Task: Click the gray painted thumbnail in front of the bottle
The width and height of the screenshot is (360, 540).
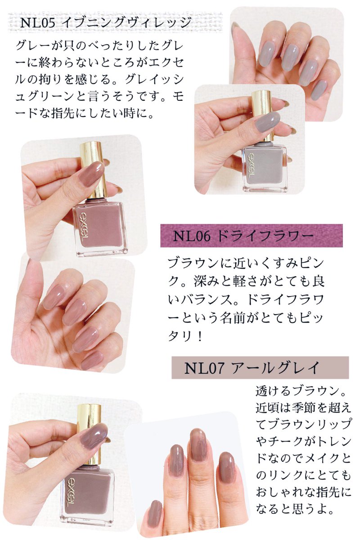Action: pos(266,121)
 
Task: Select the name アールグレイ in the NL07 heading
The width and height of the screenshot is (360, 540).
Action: pos(279,368)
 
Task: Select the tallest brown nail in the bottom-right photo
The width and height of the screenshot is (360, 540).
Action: pos(198,445)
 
